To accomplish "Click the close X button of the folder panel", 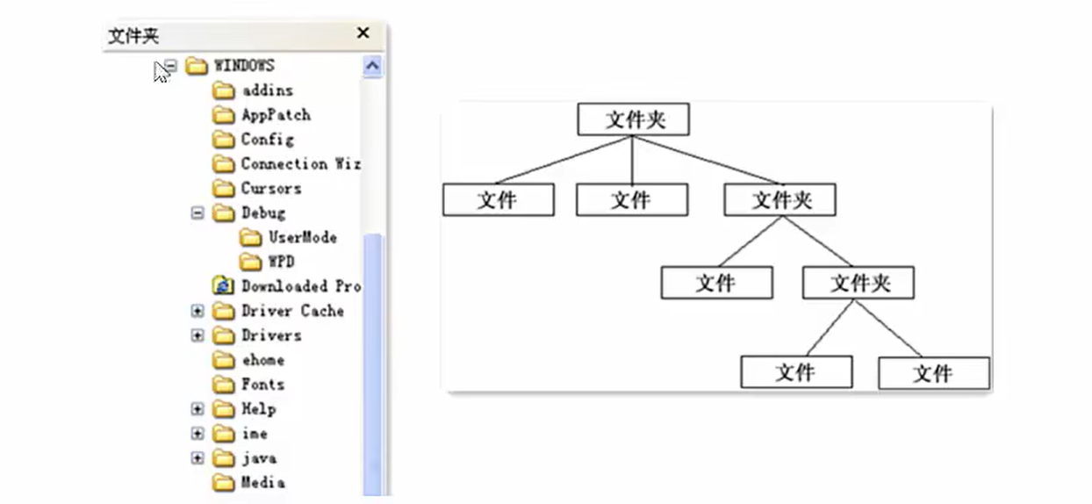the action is [363, 33].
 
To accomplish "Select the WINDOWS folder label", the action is [244, 66].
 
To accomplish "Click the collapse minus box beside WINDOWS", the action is [171, 66].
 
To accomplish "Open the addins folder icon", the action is [224, 90].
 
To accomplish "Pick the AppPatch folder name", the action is [276, 115].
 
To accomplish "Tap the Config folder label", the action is [267, 140].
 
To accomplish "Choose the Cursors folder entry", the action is [270, 189].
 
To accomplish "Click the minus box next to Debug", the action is [198, 213].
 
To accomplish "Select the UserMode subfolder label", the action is [302, 238].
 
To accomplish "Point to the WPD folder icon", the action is [251, 262].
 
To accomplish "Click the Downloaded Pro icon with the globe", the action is [224, 286].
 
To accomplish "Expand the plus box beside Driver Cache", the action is [198, 311].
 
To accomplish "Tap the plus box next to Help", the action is [198, 409].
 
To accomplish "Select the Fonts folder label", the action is [262, 385].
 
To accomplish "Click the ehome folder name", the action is [262, 360].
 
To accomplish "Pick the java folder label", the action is [259, 458].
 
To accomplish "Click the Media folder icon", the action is [224, 483].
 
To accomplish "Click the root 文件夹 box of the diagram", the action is [633, 119].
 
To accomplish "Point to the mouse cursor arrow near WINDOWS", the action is [161, 71].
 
